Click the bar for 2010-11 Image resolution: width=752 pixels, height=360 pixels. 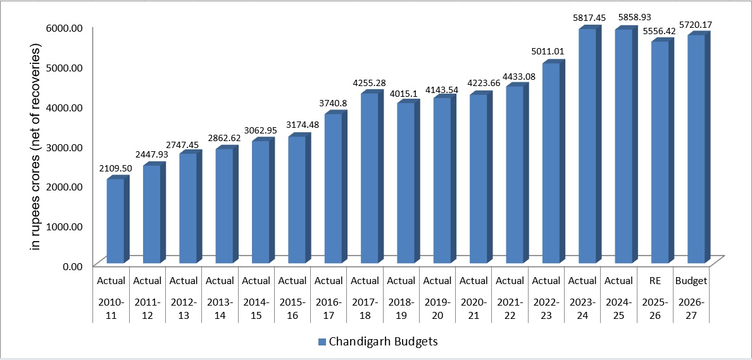tap(115, 221)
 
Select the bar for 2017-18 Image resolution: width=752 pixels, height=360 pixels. tap(370, 178)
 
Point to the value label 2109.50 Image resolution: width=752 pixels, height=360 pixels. tap(115, 168)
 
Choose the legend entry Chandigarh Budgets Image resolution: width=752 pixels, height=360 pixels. tap(384, 342)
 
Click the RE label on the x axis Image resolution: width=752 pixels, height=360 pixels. tap(655, 280)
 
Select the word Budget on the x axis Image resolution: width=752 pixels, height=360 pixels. tap(691, 280)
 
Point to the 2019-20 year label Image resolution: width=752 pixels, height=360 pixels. tap(437, 307)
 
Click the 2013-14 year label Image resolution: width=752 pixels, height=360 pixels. tap(220, 307)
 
